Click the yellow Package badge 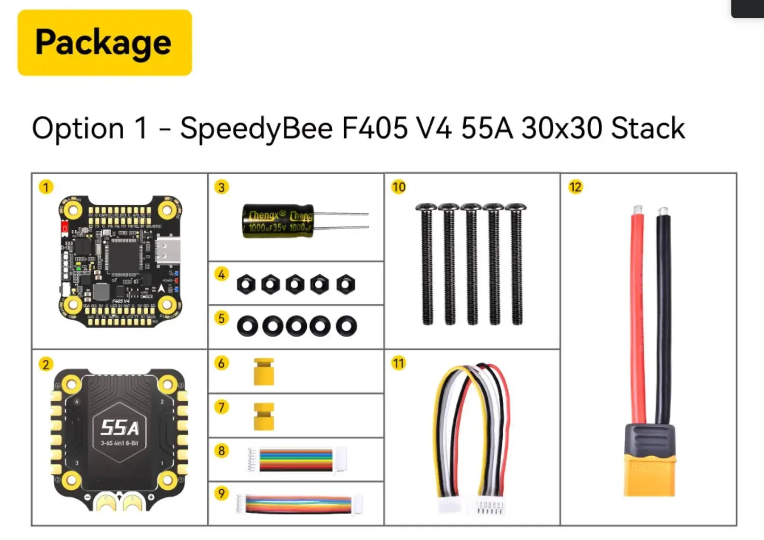tap(105, 43)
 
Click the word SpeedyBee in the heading tap(256, 128)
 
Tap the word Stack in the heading tap(648, 128)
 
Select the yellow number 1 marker tap(46, 187)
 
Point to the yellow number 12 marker tap(575, 187)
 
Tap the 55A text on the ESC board tap(120, 428)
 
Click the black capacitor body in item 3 tap(277, 221)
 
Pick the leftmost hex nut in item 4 tap(246, 285)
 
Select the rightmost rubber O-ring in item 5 tap(346, 326)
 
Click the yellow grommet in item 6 tap(264, 371)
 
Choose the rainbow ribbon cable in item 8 tap(295, 460)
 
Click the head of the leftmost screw tap(426, 207)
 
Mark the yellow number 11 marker tap(399, 363)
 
